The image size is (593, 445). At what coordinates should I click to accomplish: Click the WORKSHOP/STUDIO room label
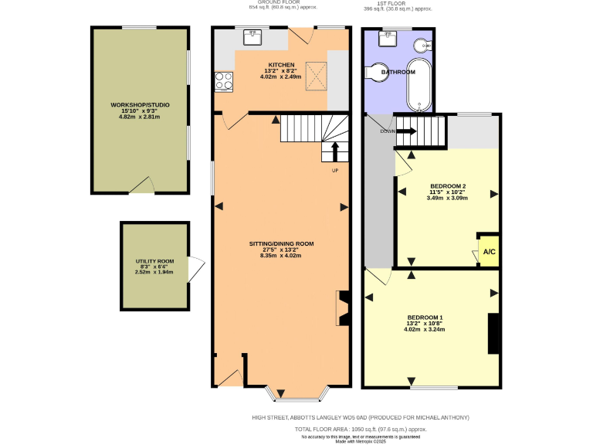tap(140, 104)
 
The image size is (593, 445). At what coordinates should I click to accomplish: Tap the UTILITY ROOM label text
tap(154, 262)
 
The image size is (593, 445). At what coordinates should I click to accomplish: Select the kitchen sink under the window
tap(253, 36)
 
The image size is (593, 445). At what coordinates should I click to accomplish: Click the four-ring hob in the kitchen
tap(224, 81)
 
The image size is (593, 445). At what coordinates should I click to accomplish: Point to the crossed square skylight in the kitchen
tap(313, 75)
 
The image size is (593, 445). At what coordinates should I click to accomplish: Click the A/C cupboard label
tap(488, 252)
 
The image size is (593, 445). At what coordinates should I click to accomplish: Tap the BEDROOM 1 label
tap(425, 318)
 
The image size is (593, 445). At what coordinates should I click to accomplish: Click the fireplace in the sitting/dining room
tap(341, 307)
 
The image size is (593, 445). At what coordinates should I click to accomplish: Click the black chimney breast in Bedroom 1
tap(492, 333)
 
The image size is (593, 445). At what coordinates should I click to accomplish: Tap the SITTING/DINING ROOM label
tap(281, 243)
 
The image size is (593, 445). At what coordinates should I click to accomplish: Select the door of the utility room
tap(197, 267)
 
